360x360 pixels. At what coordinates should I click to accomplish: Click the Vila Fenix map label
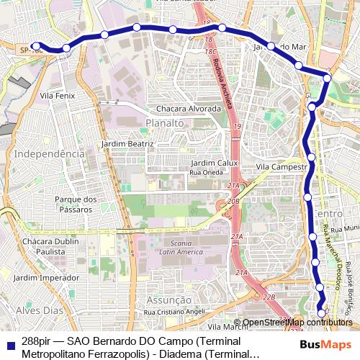58,95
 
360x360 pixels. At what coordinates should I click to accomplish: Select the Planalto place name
165,123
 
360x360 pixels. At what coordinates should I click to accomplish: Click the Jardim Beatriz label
128,143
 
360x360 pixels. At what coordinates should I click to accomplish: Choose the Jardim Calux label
214,163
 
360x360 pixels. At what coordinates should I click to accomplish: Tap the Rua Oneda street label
205,172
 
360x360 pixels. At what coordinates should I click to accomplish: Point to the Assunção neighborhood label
168,300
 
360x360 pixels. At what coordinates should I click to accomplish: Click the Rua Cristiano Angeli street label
174,312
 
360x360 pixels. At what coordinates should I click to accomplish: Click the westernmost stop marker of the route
35,45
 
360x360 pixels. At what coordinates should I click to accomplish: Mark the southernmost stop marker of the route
322,312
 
